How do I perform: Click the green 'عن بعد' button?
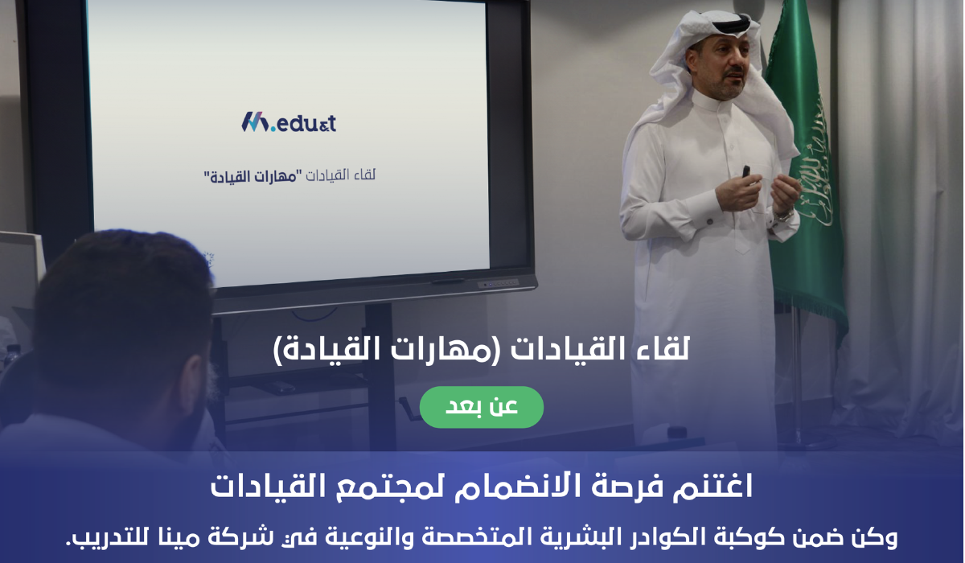(481, 407)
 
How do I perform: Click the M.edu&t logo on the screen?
(289, 122)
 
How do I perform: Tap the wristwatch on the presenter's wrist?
(782, 215)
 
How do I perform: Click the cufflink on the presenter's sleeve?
(712, 218)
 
